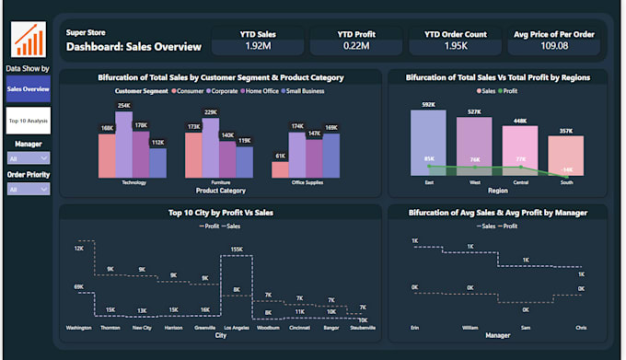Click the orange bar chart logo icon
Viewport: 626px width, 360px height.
click(28, 40)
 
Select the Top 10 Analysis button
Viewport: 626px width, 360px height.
click(28, 120)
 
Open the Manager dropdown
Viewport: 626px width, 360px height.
click(28, 157)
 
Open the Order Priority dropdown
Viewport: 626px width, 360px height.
click(28, 189)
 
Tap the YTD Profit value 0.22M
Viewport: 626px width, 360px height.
click(354, 44)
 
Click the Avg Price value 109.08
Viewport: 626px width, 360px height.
click(555, 44)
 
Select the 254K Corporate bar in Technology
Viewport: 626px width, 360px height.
click(123, 145)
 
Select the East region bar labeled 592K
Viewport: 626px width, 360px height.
click(428, 142)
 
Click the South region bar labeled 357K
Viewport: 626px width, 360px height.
click(567, 156)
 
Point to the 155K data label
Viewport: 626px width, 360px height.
click(237, 250)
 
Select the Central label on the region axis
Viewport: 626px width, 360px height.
click(520, 182)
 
